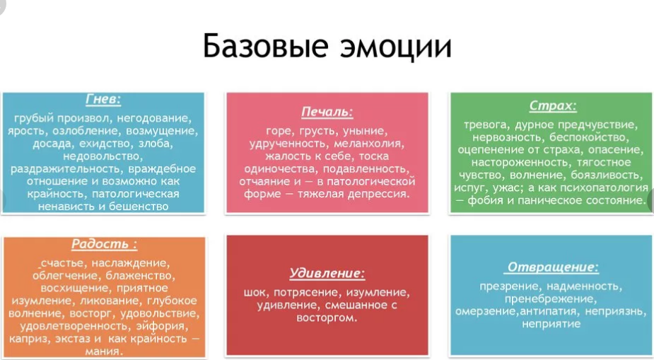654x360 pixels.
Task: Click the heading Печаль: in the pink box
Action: point(327,112)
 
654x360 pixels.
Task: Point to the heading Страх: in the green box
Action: point(553,106)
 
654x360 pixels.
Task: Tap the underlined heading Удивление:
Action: point(327,272)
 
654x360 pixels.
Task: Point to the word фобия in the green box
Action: point(491,200)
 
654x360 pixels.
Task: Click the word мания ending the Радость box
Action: point(104,351)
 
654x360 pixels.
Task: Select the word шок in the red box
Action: point(255,292)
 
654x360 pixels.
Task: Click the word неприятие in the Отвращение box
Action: point(551,324)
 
